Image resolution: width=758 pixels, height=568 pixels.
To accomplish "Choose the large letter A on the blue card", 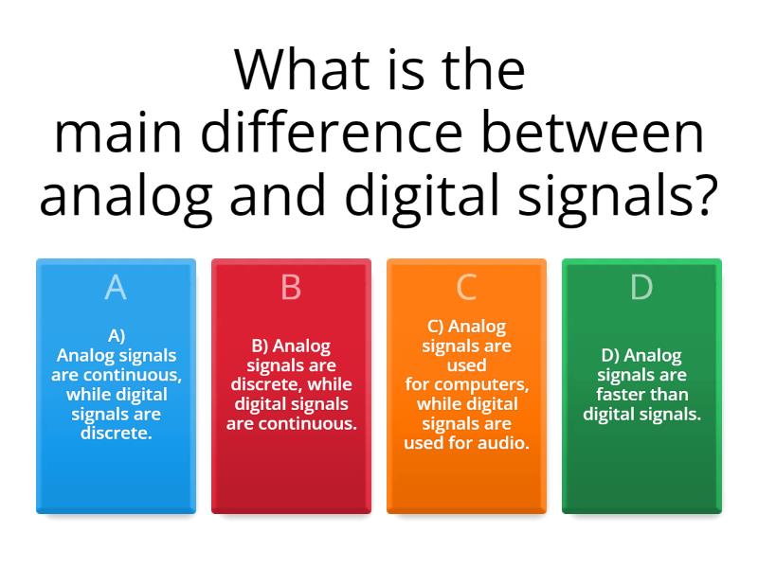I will pyautogui.click(x=116, y=288).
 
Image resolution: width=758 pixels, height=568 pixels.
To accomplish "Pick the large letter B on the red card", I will pyautogui.click(x=291, y=288).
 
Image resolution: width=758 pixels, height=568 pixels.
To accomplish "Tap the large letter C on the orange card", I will pyautogui.click(x=466, y=288).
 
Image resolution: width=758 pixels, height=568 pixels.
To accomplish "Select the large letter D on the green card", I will pyautogui.click(x=641, y=288).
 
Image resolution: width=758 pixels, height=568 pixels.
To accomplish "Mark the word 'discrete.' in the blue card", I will pyautogui.click(x=116, y=434).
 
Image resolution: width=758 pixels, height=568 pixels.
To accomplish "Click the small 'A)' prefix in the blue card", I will pyautogui.click(x=116, y=335).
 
